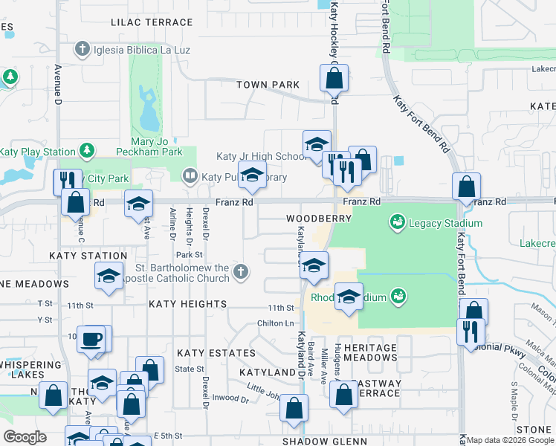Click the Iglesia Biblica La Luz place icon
click(x=83, y=50)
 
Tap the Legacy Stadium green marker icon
click(x=397, y=222)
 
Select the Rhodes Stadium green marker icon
click(x=398, y=297)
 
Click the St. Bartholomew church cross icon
click(x=239, y=273)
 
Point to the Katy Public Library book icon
click(x=190, y=176)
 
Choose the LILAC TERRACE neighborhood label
click(x=152, y=22)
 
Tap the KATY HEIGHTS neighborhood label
click(x=187, y=304)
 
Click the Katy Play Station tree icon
click(x=87, y=152)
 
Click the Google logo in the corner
click(x=25, y=437)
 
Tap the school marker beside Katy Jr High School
click(x=317, y=143)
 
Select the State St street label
click(x=190, y=369)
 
